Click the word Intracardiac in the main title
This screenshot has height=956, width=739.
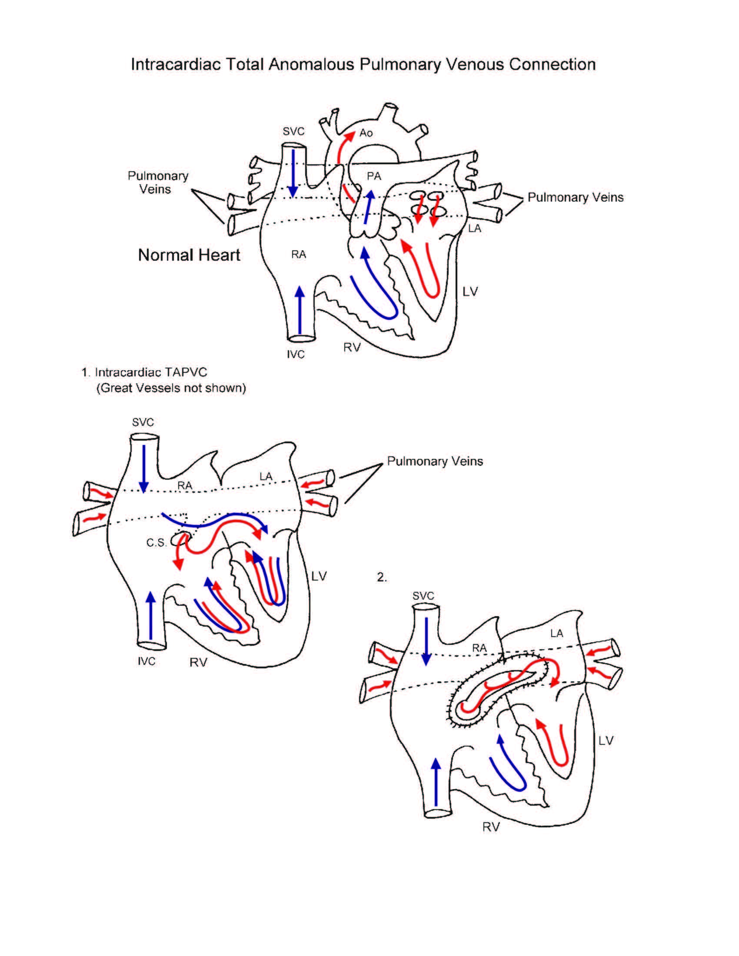[x=176, y=64]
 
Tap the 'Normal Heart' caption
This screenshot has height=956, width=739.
[x=189, y=255]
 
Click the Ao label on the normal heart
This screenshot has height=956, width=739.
[x=366, y=133]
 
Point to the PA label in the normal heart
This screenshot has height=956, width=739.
[x=374, y=176]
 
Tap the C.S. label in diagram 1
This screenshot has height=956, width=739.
[x=156, y=543]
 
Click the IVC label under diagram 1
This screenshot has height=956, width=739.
[x=146, y=661]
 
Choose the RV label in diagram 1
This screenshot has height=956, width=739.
[x=198, y=663]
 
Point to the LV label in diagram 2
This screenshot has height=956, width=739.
[x=606, y=740]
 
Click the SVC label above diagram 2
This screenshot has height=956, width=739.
[x=423, y=596]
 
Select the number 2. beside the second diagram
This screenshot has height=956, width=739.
[x=382, y=578]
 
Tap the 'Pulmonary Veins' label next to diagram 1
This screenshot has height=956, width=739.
[x=435, y=461]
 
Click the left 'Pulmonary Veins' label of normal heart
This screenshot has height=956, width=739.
[x=158, y=183]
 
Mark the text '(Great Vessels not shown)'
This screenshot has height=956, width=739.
[x=171, y=388]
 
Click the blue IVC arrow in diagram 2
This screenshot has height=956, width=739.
[x=436, y=782]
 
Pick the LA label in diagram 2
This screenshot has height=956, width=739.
[x=556, y=634]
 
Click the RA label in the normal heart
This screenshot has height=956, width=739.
[x=299, y=255]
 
